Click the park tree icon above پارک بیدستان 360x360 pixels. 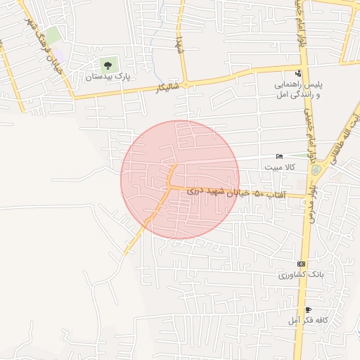pos(108,65)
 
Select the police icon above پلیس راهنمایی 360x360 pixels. pos(299,73)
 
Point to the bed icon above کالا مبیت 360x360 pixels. pos(279,156)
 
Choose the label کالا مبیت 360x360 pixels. pos(280,167)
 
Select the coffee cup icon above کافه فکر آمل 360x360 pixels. pos(307,309)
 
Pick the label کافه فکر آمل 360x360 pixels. pos(309,321)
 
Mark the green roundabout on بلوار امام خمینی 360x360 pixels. pos(316,169)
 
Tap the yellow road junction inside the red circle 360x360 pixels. pos(169,186)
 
